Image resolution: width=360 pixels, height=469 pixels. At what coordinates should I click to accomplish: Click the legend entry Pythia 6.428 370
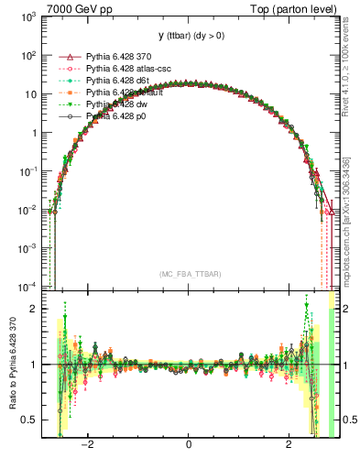(117, 56)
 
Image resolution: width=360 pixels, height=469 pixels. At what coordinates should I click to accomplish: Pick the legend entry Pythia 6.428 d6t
(116, 81)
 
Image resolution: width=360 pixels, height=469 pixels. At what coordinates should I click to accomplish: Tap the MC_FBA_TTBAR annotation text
(189, 274)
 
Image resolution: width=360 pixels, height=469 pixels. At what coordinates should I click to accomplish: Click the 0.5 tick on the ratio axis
(30, 420)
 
